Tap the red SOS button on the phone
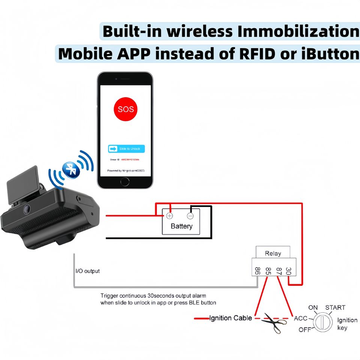pyautogui.click(x=125, y=109)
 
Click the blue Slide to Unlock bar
pyautogui.click(x=126, y=149)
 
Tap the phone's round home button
pyautogui.click(x=125, y=181)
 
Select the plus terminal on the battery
pyautogui.click(x=169, y=216)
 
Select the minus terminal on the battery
pyautogui.click(x=190, y=216)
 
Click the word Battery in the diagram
pyautogui.click(x=181, y=226)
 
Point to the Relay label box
pyautogui.click(x=273, y=253)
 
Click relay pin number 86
pyautogui.click(x=257, y=271)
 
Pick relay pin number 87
pyautogui.click(x=279, y=271)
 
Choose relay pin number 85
pyautogui.click(x=268, y=271)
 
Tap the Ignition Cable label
pyautogui.click(x=231, y=318)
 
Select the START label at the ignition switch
pyautogui.click(x=335, y=307)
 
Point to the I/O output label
pyautogui.click(x=88, y=271)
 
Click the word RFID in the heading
pyautogui.click(x=257, y=54)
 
